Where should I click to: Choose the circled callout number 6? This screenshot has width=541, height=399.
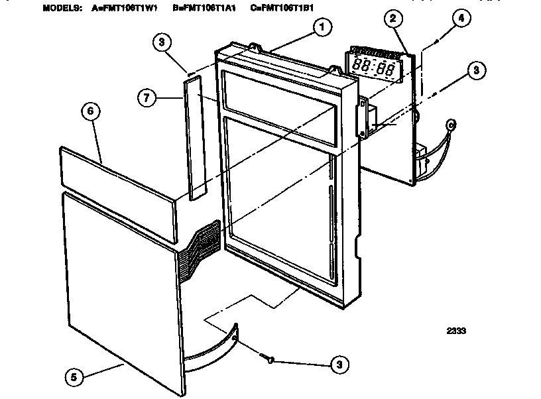click(90, 112)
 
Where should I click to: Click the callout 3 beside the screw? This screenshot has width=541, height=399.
click(338, 364)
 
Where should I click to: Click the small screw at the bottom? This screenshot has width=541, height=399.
click(268, 359)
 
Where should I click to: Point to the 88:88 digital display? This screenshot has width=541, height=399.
click(373, 66)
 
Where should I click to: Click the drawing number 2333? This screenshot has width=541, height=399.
click(455, 331)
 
